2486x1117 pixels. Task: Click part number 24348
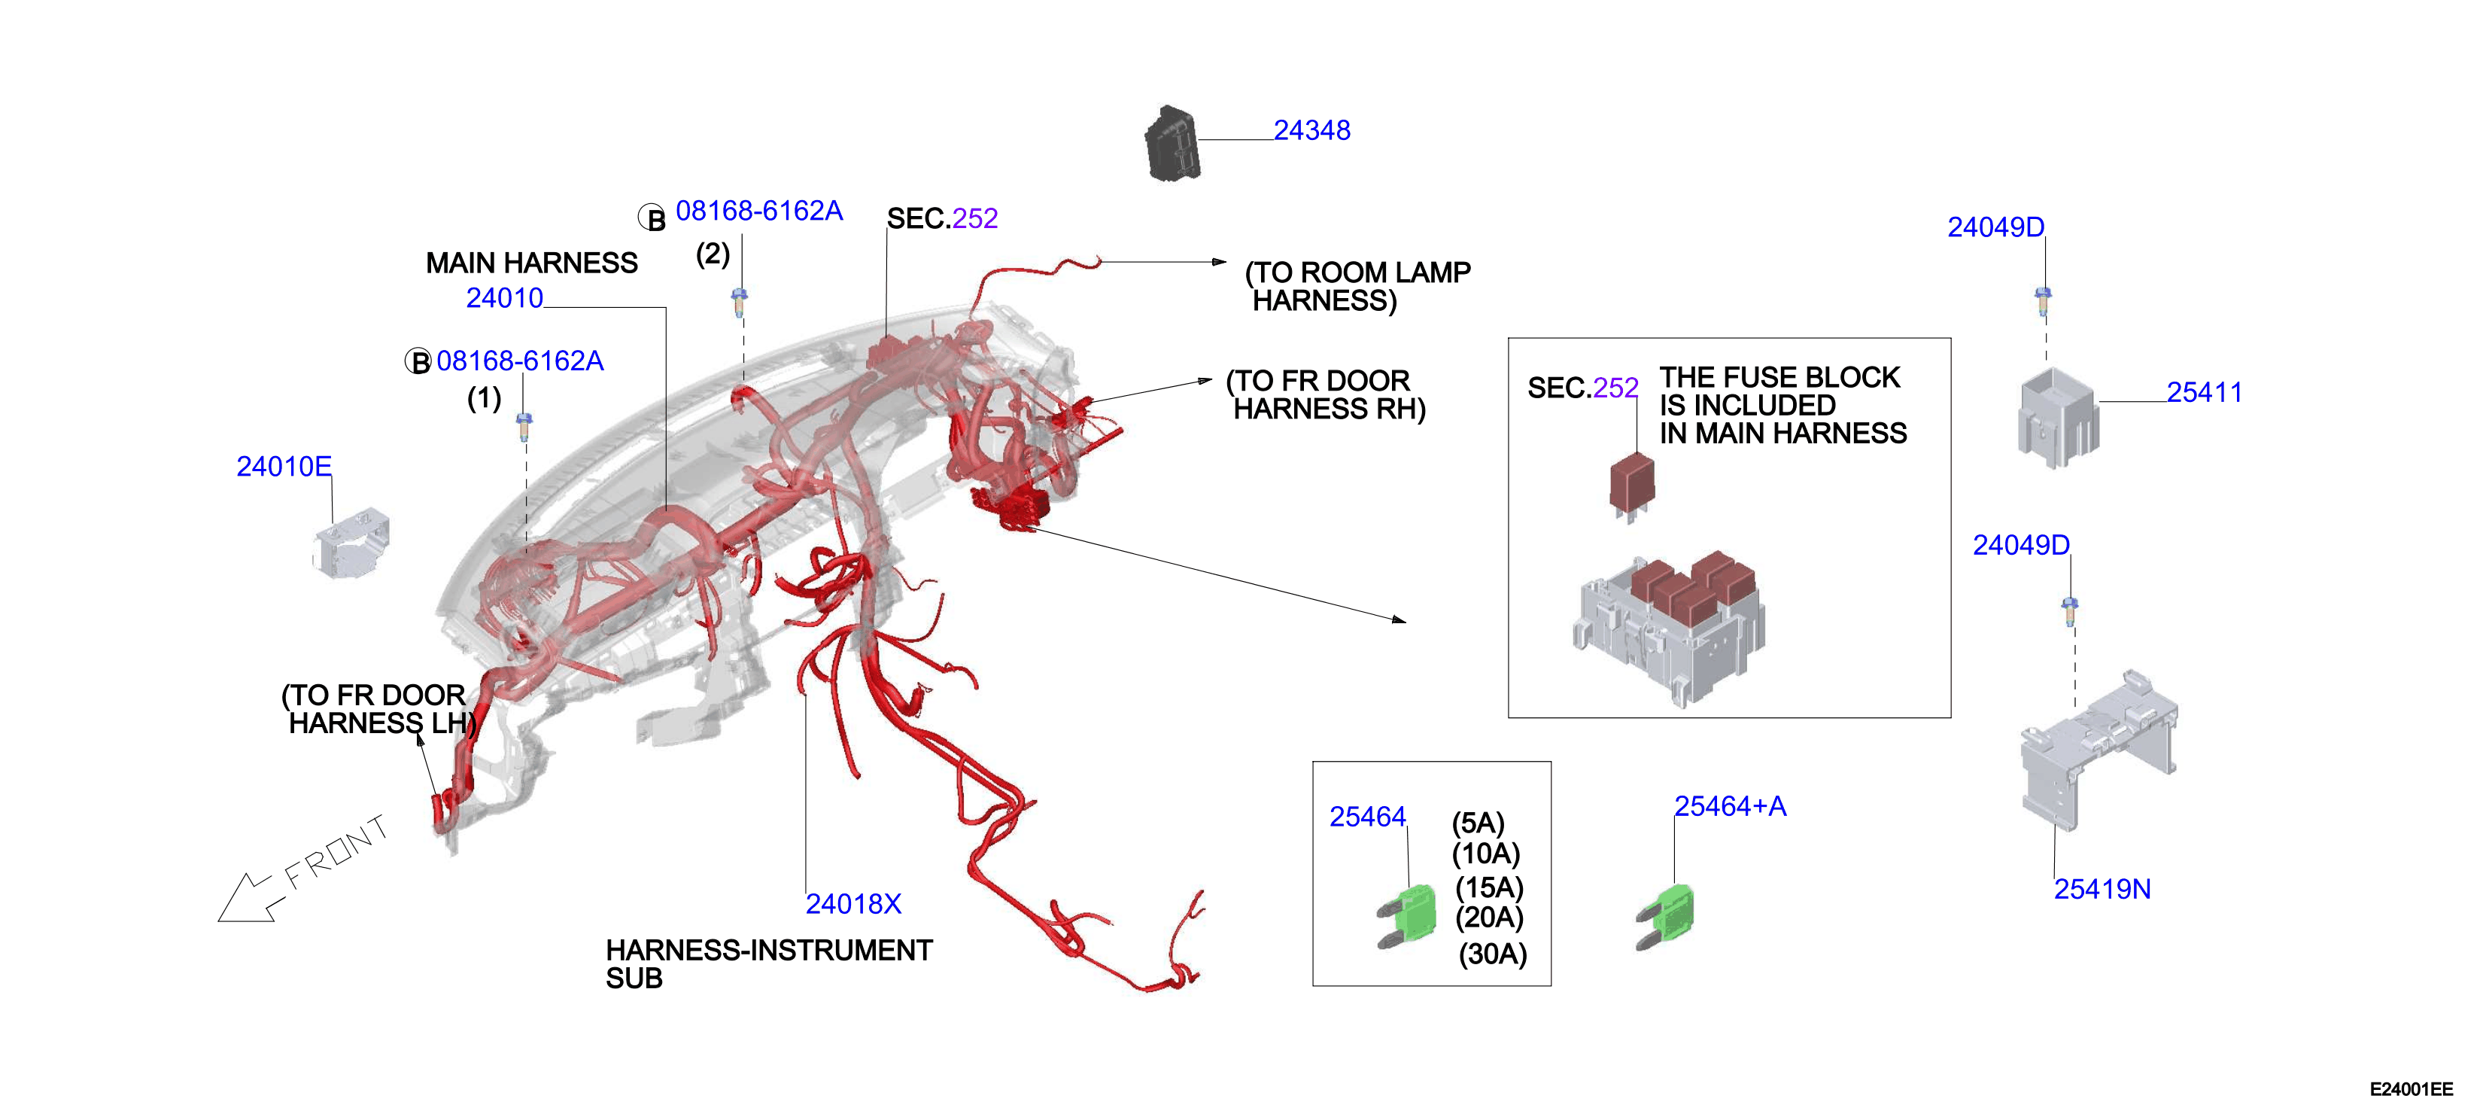(1311, 130)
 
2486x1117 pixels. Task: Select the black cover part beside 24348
(1172, 144)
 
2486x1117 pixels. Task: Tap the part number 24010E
(284, 467)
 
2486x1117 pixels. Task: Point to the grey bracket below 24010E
(351, 543)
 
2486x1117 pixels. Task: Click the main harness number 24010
(505, 298)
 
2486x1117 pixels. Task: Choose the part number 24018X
(853, 904)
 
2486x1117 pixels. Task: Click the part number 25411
(2204, 392)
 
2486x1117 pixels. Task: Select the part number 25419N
(2102, 889)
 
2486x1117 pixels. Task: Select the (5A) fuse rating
(1479, 823)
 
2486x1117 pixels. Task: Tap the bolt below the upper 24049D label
(2043, 301)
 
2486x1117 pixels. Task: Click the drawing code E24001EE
(2411, 1089)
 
